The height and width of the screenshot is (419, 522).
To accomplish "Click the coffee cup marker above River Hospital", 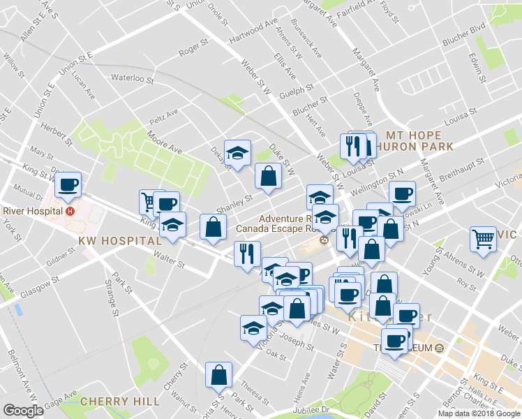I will pos(68,186).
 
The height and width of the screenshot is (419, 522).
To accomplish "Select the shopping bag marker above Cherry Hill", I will pos(219,375).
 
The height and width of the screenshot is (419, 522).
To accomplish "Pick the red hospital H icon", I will pos(69,211).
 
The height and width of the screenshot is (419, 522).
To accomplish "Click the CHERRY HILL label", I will pos(114,401).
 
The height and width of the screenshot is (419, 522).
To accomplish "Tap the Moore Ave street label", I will pos(164,141).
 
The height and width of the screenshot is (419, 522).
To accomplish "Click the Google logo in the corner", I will pos(23,410).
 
